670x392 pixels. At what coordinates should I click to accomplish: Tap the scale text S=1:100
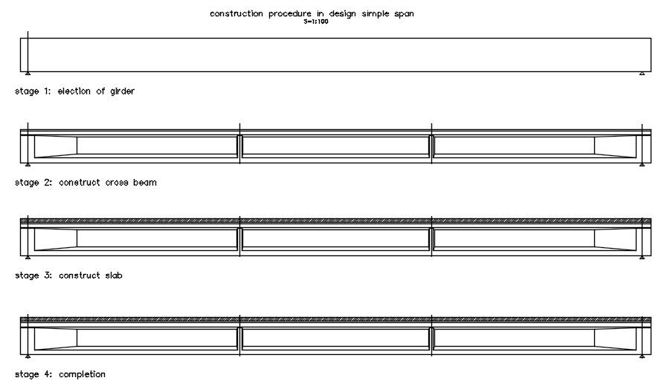[316, 22]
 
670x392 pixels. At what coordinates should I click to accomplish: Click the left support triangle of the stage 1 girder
[28, 73]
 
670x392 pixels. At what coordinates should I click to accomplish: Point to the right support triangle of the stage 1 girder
[642, 73]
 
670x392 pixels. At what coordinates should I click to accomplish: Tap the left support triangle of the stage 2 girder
[28, 165]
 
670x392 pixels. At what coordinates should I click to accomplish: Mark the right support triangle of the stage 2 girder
[642, 165]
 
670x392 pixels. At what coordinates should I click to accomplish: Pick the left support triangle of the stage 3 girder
[28, 258]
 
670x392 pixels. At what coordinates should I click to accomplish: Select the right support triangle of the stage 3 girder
[642, 258]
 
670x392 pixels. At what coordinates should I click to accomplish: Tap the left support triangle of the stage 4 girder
[28, 356]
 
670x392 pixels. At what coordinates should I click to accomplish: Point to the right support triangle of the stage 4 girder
[642, 356]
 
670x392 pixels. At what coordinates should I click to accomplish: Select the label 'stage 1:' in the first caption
[32, 91]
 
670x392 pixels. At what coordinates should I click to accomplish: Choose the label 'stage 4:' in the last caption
[32, 374]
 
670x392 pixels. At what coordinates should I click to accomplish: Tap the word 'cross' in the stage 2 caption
[117, 183]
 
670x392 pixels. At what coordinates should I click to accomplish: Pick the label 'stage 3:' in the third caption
[32, 275]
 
